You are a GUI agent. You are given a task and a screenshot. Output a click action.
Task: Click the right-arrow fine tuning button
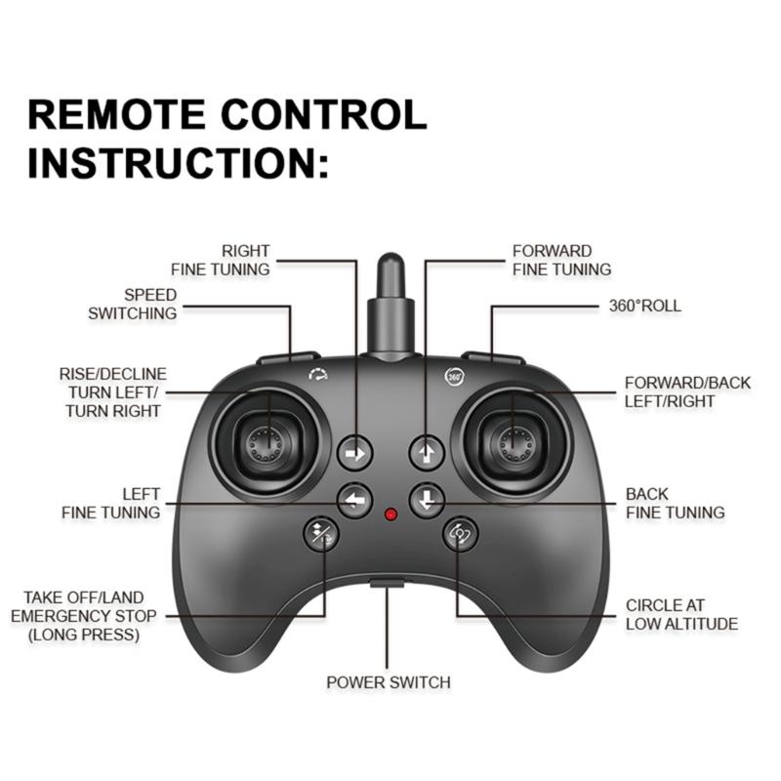[x=355, y=453]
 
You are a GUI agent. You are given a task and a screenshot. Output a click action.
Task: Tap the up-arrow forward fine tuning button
[x=427, y=452]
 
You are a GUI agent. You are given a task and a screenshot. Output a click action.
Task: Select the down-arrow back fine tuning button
[x=427, y=501]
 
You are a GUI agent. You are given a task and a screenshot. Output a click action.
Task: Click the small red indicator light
[x=391, y=514]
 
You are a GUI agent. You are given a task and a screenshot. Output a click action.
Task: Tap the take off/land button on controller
[x=321, y=533]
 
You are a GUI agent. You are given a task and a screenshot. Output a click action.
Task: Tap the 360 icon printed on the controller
[x=454, y=375]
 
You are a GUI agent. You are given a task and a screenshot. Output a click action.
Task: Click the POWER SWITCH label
[x=389, y=682]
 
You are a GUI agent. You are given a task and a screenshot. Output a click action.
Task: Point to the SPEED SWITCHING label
[x=134, y=305]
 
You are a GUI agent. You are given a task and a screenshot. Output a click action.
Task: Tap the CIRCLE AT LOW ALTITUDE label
[x=680, y=615]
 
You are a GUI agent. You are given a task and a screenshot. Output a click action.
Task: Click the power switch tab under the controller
[x=388, y=586]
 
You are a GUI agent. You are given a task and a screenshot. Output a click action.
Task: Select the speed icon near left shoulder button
[x=317, y=374]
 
